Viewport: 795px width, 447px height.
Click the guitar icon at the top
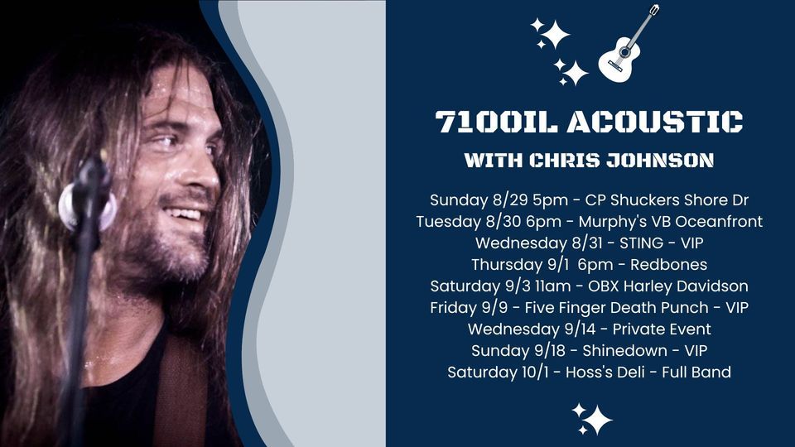629,45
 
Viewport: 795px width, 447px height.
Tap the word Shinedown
622,350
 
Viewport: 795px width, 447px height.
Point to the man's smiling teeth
188,215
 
